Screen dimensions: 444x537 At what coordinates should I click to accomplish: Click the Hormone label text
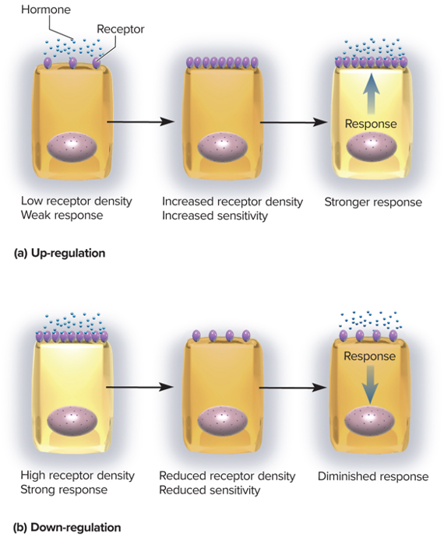tap(46, 9)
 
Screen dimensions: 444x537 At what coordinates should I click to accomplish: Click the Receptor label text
tap(121, 29)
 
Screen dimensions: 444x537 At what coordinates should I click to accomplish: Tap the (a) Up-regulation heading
tap(59, 253)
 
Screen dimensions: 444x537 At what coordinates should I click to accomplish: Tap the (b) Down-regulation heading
tap(67, 527)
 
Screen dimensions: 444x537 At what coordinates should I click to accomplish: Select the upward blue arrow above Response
tap(371, 93)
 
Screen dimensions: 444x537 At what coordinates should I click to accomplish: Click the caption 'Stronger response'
tap(373, 202)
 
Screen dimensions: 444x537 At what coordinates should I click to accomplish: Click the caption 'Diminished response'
tap(373, 476)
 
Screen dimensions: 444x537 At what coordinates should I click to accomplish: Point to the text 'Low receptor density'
tap(76, 201)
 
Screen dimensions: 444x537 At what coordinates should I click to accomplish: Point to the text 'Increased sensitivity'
tap(215, 216)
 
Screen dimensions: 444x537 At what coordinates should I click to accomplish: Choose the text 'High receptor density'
tap(77, 476)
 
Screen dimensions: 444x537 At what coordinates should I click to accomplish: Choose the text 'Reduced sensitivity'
tap(210, 490)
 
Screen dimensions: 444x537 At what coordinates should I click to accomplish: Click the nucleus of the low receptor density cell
tap(72, 147)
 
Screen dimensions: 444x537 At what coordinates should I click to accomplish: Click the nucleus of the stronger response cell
tap(372, 147)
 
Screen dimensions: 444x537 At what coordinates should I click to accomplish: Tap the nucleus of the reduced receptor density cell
tap(223, 421)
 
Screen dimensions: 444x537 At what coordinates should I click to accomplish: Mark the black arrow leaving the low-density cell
tap(140, 121)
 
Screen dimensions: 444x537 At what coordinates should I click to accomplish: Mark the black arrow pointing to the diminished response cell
tap(292, 388)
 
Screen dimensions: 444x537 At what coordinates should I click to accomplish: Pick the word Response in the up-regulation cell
tap(371, 124)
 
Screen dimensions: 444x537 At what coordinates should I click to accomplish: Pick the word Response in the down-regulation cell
tap(369, 356)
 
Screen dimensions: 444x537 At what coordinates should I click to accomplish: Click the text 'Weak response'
tap(62, 216)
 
